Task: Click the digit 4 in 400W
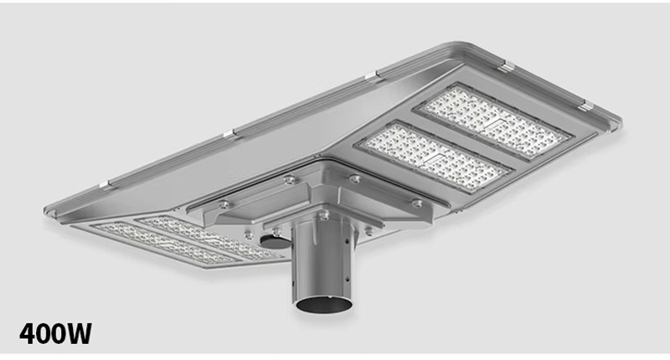28,333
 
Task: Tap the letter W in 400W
79,333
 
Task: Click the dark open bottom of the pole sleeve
323,305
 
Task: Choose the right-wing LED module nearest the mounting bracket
434,157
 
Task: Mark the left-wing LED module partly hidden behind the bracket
209,238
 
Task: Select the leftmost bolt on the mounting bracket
224,204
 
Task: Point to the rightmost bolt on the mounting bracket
416,203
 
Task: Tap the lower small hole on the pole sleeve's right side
347,280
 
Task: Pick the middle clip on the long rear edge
229,134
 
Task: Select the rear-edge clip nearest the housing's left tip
104,185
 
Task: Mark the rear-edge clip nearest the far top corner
371,75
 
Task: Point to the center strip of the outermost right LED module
492,122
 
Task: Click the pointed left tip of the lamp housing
46,210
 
